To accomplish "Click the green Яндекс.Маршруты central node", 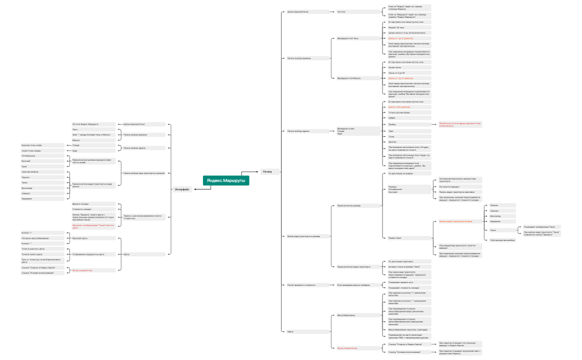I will (x=226, y=181).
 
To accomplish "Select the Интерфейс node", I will (x=182, y=189).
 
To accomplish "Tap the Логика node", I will (x=267, y=171).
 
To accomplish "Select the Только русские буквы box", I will (x=399, y=112).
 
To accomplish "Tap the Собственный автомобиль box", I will (x=503, y=240).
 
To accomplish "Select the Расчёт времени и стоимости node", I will (x=302, y=285).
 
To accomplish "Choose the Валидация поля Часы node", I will (x=348, y=39).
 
